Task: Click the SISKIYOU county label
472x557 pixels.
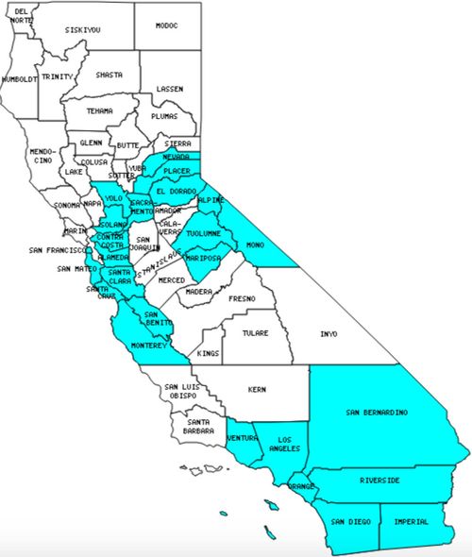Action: coord(83,30)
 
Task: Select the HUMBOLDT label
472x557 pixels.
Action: coord(19,79)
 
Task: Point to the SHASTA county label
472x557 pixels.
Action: coord(109,75)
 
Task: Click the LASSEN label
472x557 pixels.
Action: coord(170,89)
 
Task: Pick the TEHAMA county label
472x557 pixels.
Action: coord(99,110)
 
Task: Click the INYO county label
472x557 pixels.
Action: coord(329,334)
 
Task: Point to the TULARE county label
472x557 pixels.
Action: coord(254,333)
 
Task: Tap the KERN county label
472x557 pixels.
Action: coord(257,389)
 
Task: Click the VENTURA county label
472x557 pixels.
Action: coord(242,437)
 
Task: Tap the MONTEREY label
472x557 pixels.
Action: coord(148,346)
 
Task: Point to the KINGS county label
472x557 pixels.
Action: coord(209,353)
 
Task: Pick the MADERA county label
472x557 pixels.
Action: coord(199,293)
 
